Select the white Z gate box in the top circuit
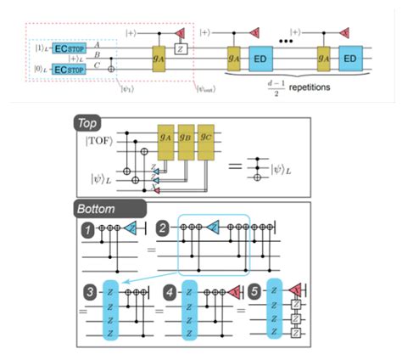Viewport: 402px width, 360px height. [180, 50]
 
